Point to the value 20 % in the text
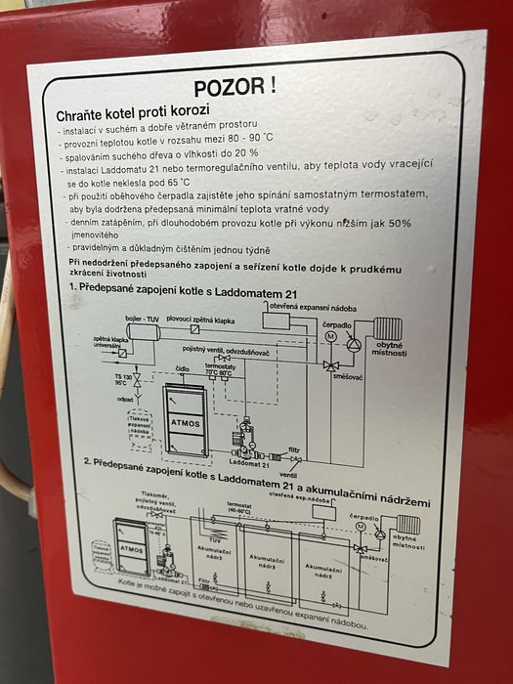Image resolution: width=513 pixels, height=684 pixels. [244, 153]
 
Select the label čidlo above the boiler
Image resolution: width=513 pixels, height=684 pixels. [182, 370]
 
